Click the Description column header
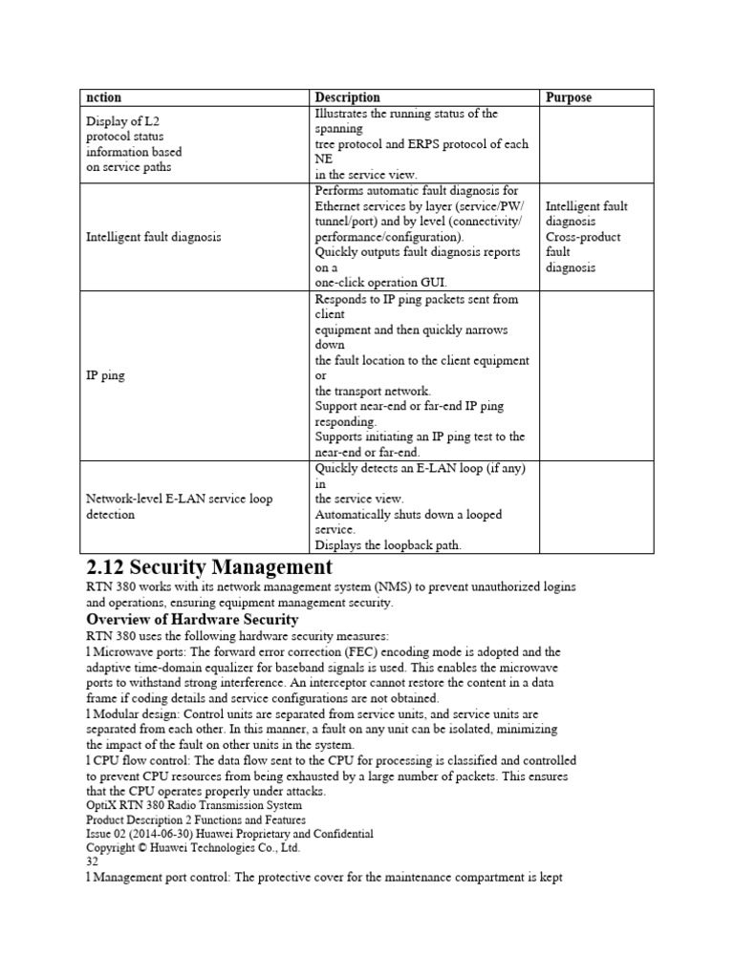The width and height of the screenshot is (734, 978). (x=347, y=97)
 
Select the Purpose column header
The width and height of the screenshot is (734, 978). (x=569, y=97)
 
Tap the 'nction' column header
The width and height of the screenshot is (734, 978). (x=104, y=97)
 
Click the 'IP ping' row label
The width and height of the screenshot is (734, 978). (x=104, y=376)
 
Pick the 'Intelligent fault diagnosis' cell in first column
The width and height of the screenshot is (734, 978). (x=154, y=237)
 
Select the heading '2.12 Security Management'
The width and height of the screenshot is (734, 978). (x=209, y=567)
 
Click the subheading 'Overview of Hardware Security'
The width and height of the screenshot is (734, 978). (x=194, y=619)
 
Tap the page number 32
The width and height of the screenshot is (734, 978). (x=93, y=861)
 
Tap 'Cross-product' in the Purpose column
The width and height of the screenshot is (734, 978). (x=582, y=237)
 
